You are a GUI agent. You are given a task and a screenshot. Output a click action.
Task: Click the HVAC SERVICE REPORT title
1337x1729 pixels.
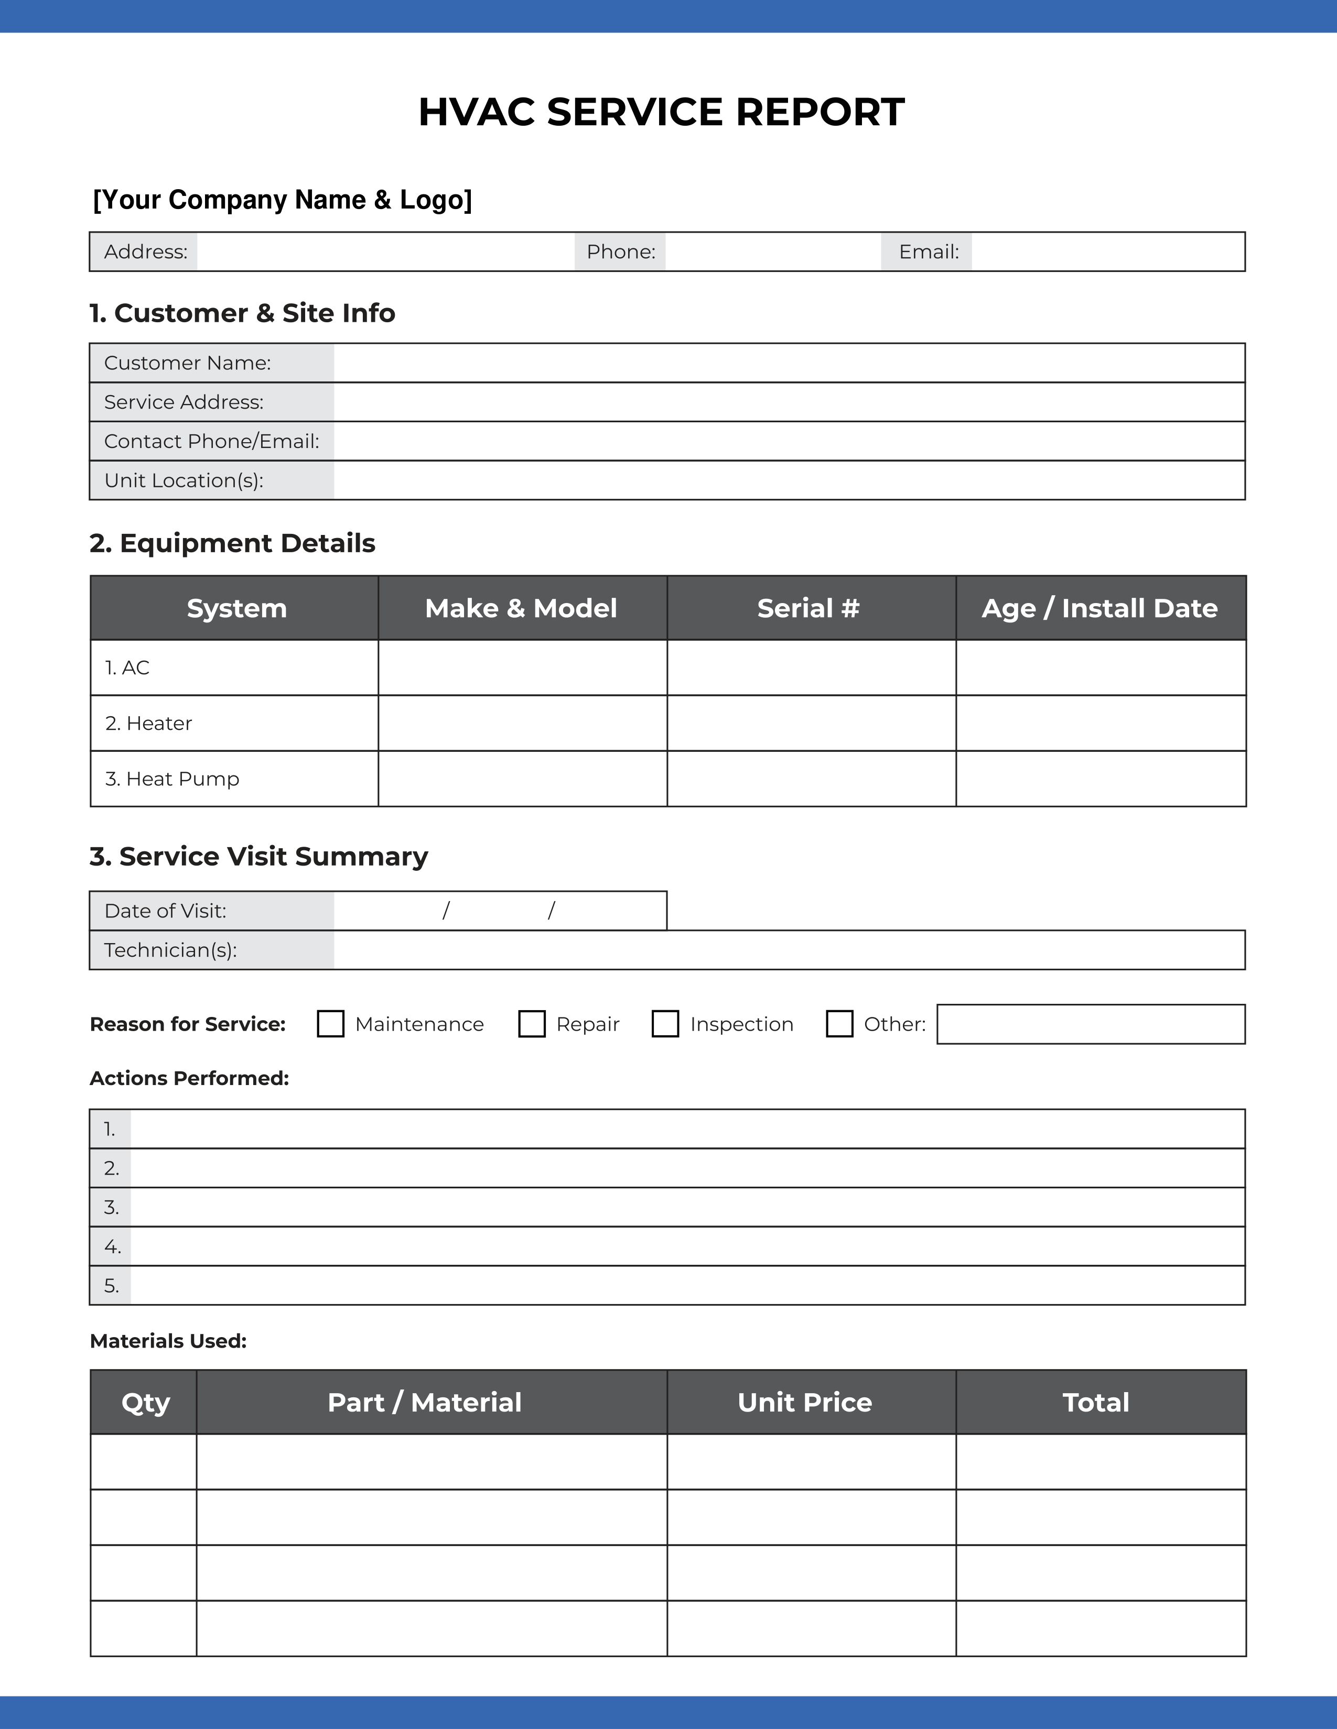coord(661,112)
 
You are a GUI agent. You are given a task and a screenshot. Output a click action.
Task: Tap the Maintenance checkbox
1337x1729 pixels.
coord(330,1024)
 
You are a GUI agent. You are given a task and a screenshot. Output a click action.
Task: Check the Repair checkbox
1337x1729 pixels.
coord(532,1024)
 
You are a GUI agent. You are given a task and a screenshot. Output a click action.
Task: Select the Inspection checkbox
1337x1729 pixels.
coord(665,1024)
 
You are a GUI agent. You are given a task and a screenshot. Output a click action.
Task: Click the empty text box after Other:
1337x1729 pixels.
coord(1090,1024)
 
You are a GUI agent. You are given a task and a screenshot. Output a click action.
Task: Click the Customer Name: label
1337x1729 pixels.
coord(188,363)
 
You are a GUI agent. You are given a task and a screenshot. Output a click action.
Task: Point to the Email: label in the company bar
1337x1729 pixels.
coord(928,251)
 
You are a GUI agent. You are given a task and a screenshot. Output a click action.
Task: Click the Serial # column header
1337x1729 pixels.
coord(808,608)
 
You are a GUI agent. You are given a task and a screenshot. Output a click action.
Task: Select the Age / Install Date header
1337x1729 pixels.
coord(1099,608)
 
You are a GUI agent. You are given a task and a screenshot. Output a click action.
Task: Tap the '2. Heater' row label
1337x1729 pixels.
coord(149,724)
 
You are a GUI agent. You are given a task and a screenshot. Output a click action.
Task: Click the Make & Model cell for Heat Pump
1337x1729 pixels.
coord(523,779)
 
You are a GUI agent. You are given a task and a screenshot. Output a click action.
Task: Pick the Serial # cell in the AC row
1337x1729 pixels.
coord(811,667)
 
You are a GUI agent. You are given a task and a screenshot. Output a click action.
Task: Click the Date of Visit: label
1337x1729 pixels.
coord(166,911)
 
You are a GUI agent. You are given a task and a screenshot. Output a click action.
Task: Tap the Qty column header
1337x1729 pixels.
coord(145,1403)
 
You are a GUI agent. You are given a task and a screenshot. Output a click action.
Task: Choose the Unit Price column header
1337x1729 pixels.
coord(805,1403)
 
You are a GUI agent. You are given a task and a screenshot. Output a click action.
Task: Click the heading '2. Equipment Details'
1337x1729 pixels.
coord(232,543)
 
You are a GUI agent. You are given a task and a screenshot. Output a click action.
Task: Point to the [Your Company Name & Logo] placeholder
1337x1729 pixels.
coord(282,200)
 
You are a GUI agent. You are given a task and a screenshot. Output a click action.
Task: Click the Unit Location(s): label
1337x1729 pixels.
coord(184,480)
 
